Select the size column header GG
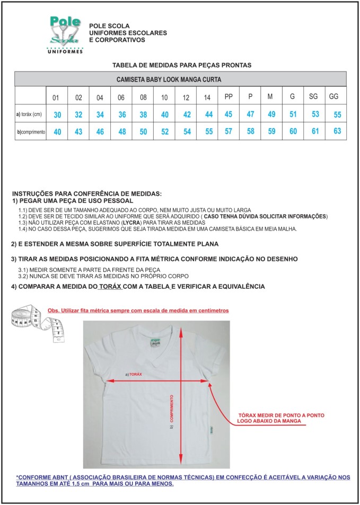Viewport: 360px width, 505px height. coord(333,97)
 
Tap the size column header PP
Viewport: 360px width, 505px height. coord(229,97)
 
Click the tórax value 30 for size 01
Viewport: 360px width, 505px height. coord(57,115)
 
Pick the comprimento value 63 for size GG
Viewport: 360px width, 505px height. coord(337,131)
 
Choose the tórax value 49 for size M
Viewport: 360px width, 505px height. coord(271,114)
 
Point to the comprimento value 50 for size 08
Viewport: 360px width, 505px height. coord(143,132)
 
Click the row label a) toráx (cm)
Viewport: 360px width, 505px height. coord(29,114)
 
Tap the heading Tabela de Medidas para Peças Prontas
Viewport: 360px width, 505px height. coord(182,65)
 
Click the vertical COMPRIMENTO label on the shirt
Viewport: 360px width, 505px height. coord(172,409)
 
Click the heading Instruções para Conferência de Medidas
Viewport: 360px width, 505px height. coord(87,194)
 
